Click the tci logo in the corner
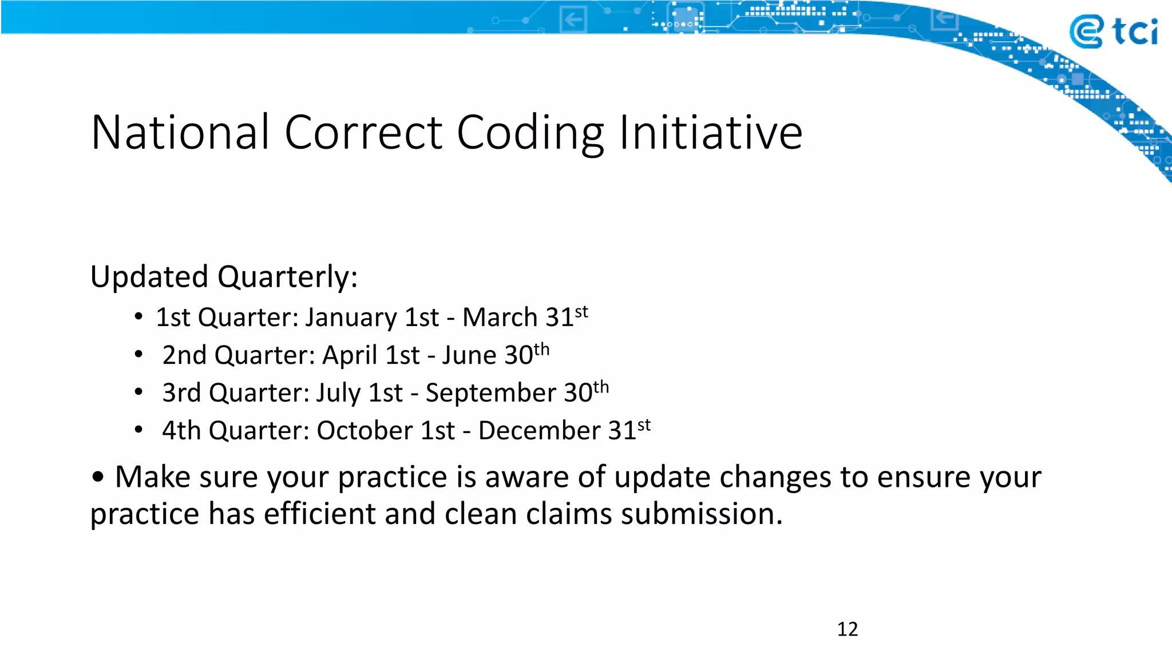(x=1112, y=31)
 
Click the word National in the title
(x=180, y=133)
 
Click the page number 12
(x=848, y=629)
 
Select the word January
(x=350, y=318)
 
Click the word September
(x=490, y=394)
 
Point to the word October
(x=365, y=431)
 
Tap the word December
(x=539, y=431)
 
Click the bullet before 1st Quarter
(x=138, y=316)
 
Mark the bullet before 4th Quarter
(x=138, y=430)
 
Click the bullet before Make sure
(x=98, y=477)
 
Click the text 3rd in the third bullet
(x=181, y=393)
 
